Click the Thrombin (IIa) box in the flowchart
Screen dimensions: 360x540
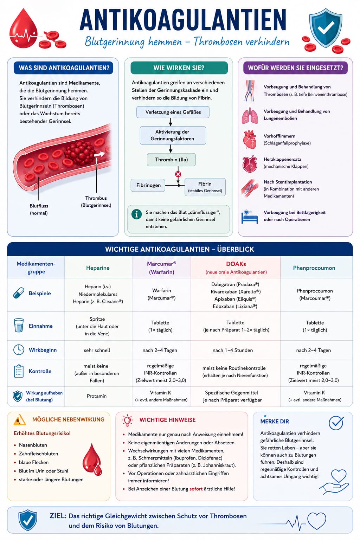click(171, 160)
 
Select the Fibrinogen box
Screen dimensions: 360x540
click(148, 185)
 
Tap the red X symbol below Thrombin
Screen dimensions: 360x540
click(178, 174)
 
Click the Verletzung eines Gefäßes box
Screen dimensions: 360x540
click(173, 112)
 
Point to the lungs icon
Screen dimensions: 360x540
click(250, 116)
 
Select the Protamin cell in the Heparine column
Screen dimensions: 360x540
click(97, 396)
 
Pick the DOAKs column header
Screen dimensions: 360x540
click(236, 268)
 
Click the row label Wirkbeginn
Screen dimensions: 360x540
click(43, 350)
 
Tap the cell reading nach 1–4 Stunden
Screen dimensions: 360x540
click(233, 350)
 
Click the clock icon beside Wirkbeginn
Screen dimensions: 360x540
click(19, 350)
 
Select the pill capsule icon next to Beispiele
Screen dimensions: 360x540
click(19, 293)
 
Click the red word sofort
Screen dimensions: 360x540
click(196, 489)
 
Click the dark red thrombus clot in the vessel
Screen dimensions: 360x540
click(79, 152)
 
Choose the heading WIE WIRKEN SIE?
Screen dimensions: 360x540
click(179, 68)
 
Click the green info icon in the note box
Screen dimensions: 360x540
click(136, 214)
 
